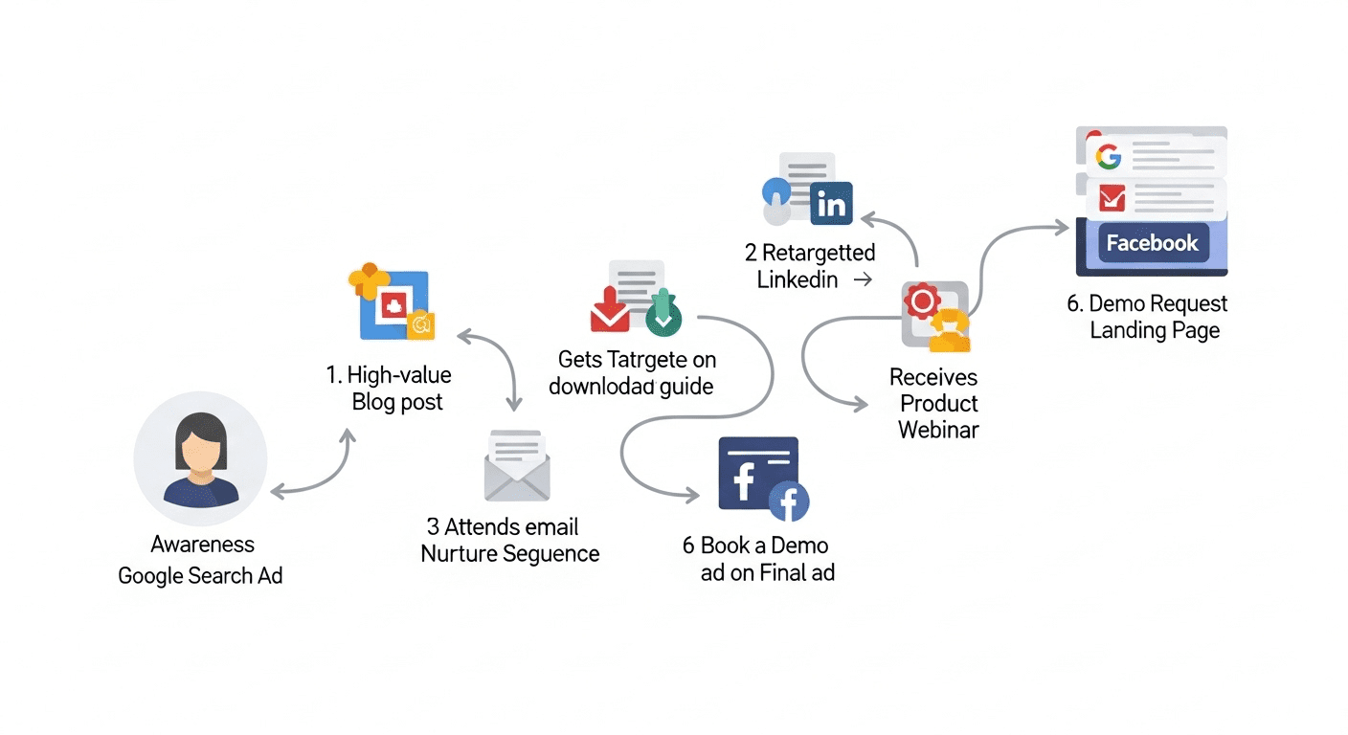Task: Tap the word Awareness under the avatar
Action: coord(202,545)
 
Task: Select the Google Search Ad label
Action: coord(200,576)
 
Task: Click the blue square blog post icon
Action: coord(393,305)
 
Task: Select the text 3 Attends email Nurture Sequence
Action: coord(509,540)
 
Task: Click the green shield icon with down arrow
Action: coord(663,315)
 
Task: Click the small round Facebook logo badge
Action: coord(789,501)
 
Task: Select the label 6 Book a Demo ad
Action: coord(756,559)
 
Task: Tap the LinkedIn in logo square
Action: coord(831,204)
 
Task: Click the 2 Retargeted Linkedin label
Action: coord(810,266)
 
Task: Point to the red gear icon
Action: coord(923,301)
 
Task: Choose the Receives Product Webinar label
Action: coord(935,403)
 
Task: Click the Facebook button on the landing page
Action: coord(1152,243)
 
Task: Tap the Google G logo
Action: coord(1109,156)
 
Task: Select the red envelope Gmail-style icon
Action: coord(1111,198)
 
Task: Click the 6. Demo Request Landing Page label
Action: coord(1148,317)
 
